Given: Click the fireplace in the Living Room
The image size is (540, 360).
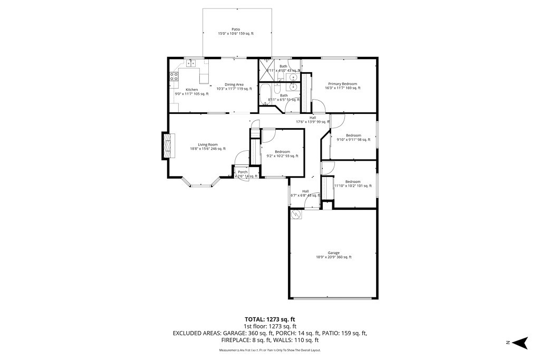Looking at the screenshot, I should (167, 144).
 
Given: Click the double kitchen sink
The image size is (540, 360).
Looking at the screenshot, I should (190, 63).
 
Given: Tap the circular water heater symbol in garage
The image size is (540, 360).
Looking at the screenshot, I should (296, 215).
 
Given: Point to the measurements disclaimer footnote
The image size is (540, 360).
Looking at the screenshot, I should (269, 350).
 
